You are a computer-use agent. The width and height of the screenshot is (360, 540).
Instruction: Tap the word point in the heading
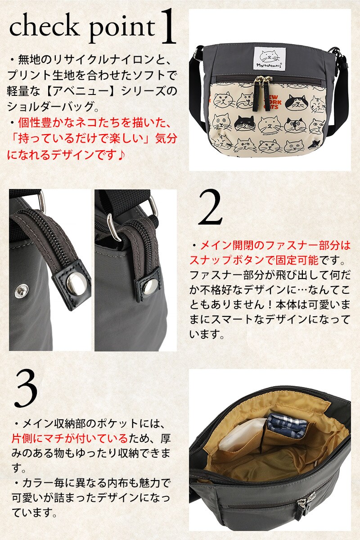click(122, 29)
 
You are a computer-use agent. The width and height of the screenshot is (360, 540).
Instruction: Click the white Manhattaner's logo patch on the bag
click(270, 59)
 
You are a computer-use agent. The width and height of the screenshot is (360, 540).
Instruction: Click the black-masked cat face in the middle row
click(245, 123)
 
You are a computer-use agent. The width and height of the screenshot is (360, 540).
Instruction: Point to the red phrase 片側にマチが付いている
click(70, 438)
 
